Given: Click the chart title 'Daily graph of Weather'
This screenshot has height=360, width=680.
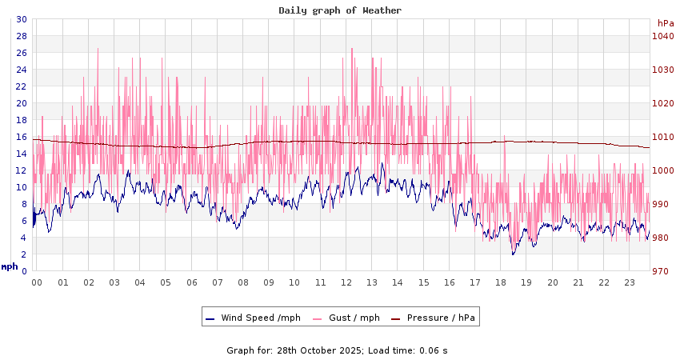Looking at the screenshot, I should tap(340, 10).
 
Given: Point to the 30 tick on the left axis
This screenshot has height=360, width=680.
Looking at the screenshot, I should tap(22, 19).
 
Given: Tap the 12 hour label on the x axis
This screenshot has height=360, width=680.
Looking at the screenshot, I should tap(346, 282).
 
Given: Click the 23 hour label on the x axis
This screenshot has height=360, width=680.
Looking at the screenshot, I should tap(630, 282).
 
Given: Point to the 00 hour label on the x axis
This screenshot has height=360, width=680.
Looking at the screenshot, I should tap(37, 282).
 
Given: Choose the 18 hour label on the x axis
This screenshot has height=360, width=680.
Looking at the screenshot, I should tap(501, 282).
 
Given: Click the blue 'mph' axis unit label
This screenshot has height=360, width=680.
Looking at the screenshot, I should tap(10, 266).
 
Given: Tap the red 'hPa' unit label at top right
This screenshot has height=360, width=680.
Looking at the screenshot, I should tap(666, 23).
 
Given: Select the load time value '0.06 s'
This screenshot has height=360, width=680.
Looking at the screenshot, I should tap(434, 350).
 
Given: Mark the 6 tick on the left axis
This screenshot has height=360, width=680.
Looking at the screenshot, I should tap(24, 221).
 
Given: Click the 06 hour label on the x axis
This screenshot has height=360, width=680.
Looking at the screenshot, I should tap(192, 282).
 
